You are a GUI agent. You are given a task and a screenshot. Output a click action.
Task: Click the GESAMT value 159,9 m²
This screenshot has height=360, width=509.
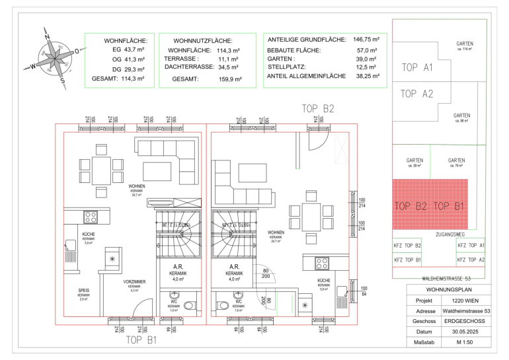tap(229, 79)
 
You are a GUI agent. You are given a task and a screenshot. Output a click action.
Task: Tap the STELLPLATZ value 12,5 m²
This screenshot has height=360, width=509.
tap(366, 67)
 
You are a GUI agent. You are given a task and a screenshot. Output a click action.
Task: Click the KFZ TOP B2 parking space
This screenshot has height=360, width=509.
tap(408, 246)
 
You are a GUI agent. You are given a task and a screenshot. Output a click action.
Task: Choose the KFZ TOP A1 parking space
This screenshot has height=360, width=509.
tap(471, 246)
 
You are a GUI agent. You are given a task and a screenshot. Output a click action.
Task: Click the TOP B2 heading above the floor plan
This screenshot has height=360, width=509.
tap(318, 108)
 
